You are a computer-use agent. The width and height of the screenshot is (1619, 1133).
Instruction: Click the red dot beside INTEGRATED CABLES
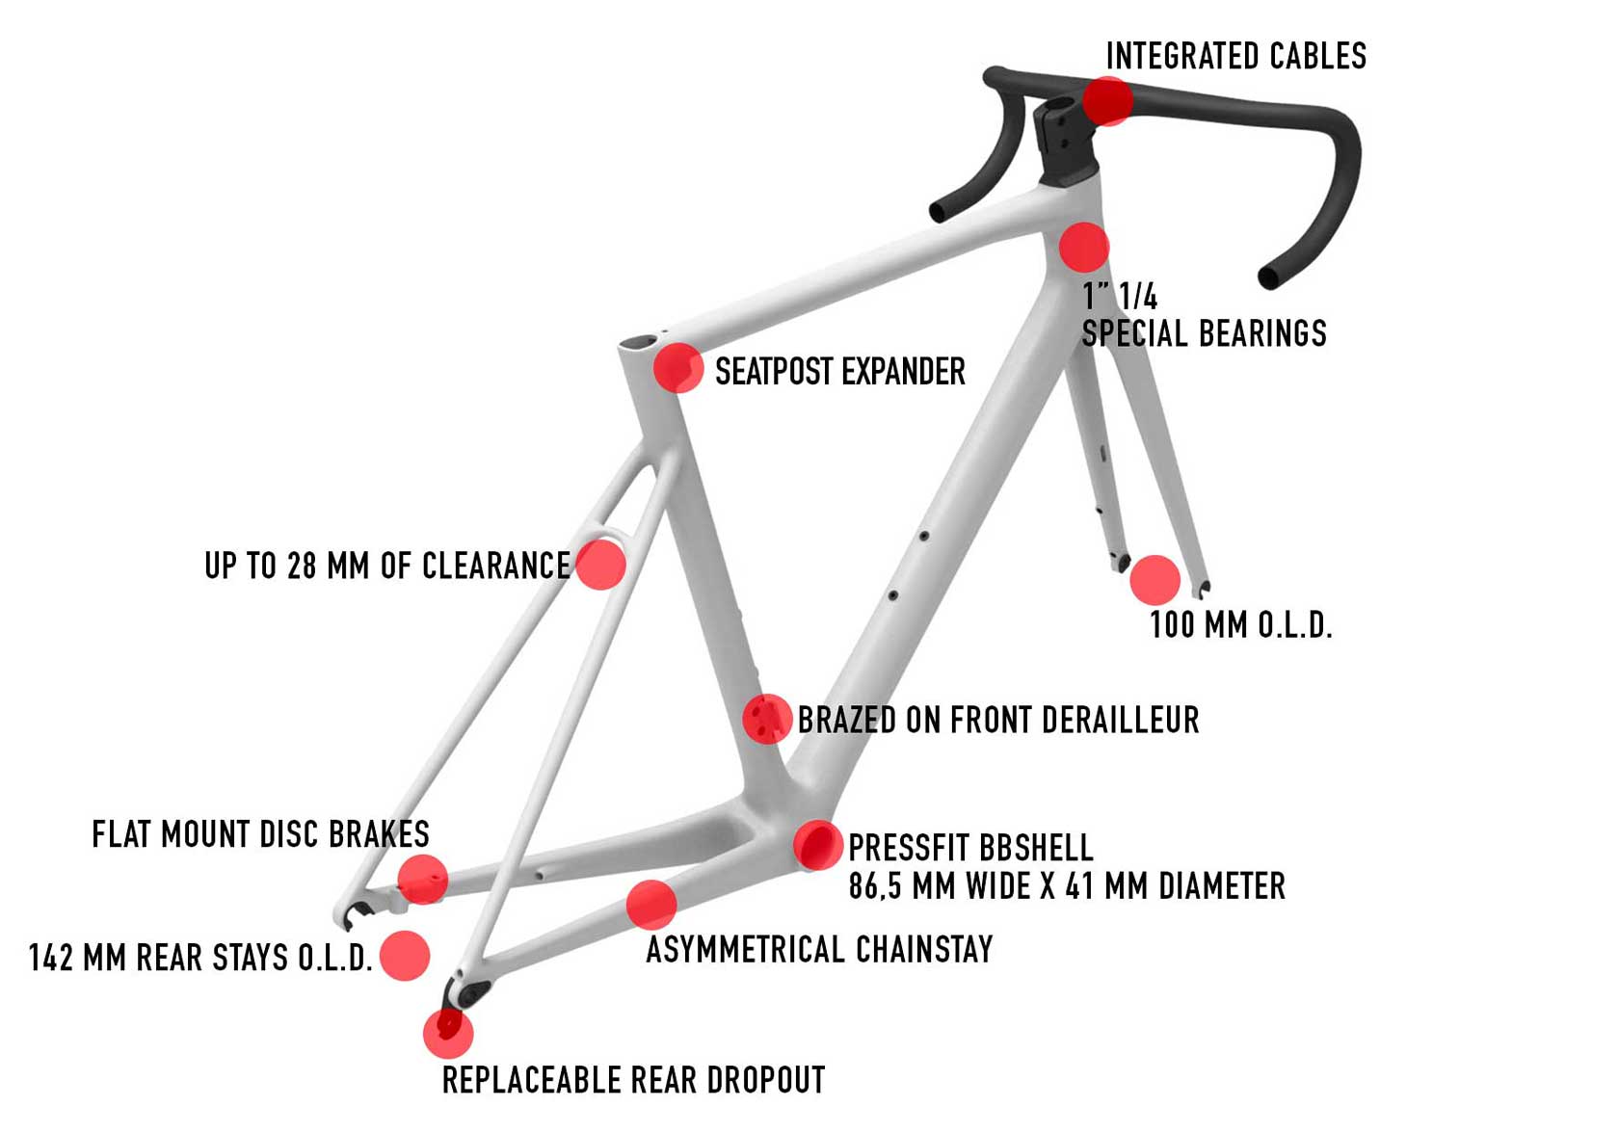(x=1107, y=100)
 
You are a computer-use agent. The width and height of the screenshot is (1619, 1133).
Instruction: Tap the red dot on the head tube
(x=1084, y=248)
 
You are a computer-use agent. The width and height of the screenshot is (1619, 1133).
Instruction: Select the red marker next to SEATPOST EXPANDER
(x=678, y=368)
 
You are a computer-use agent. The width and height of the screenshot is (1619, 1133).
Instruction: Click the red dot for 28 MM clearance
(x=600, y=564)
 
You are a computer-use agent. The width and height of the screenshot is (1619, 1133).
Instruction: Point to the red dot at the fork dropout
(x=1155, y=580)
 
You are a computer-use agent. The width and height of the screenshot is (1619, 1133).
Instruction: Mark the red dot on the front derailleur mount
(x=767, y=719)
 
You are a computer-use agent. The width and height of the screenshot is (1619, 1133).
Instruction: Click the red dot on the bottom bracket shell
(x=818, y=845)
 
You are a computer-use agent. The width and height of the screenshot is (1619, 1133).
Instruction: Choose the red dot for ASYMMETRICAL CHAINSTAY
(x=651, y=905)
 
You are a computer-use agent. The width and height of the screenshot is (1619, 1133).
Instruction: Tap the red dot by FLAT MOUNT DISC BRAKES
(x=423, y=879)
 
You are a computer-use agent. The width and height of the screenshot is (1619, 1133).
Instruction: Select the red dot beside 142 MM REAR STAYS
(x=405, y=956)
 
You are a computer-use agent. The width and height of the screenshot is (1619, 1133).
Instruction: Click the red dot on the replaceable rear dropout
(x=448, y=1032)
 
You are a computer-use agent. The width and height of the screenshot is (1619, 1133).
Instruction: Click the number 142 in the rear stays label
(x=50, y=958)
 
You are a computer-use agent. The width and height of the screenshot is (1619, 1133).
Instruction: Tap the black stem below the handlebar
(x=1065, y=145)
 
